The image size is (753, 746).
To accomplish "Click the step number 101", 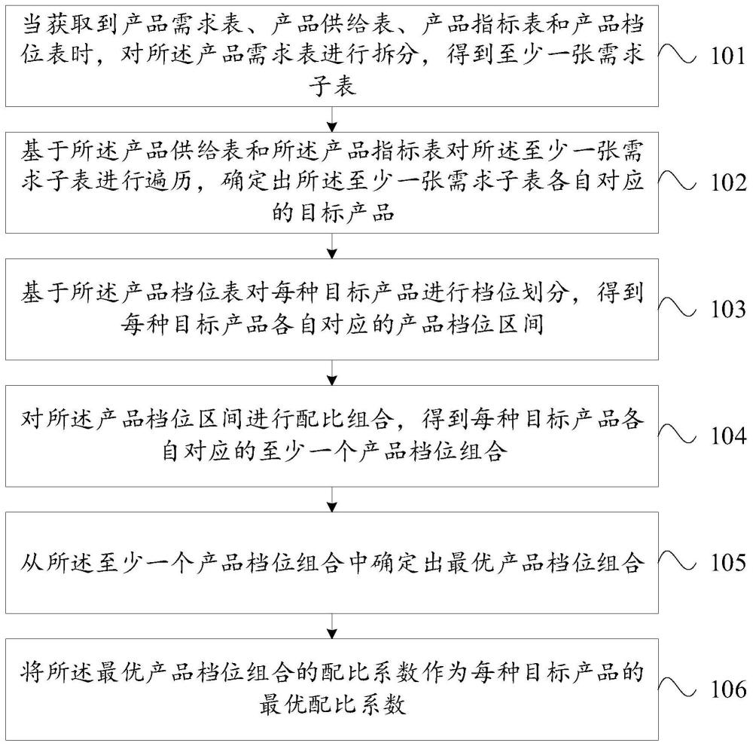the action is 728,57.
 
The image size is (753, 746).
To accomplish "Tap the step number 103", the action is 728,310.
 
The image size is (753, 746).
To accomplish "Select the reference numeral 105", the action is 728,563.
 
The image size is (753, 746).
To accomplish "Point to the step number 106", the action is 728,689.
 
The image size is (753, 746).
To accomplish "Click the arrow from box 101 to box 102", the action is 332,119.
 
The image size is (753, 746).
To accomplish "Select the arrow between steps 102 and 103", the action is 332,246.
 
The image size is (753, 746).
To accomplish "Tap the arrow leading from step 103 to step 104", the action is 332,372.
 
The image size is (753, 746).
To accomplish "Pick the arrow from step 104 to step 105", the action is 332,500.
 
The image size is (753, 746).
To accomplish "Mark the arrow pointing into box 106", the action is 332,626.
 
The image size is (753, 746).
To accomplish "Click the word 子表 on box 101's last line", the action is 332,87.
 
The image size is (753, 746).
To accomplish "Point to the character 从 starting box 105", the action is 32,562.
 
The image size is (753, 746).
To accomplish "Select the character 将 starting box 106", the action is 32,672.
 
